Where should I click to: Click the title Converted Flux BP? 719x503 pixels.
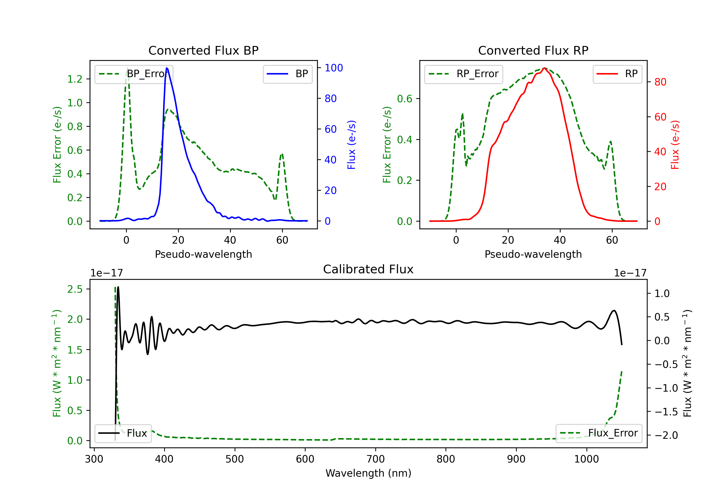pyautogui.click(x=203, y=50)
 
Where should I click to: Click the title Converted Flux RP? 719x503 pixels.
pyautogui.click(x=533, y=50)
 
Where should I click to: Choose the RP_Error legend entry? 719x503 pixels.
pyautogui.click(x=464, y=74)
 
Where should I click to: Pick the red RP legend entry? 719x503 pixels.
pyautogui.click(x=617, y=74)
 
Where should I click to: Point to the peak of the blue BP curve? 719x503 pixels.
pyautogui.click(x=167, y=68)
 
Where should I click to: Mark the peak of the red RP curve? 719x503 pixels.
pyautogui.click(x=545, y=68)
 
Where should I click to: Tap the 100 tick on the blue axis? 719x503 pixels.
pyautogui.click(x=334, y=68)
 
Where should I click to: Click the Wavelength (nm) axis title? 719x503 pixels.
pyautogui.click(x=368, y=473)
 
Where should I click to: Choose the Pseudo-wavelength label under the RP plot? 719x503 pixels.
pyautogui.click(x=533, y=254)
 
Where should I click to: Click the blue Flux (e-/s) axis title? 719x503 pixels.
pyautogui.click(x=351, y=145)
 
